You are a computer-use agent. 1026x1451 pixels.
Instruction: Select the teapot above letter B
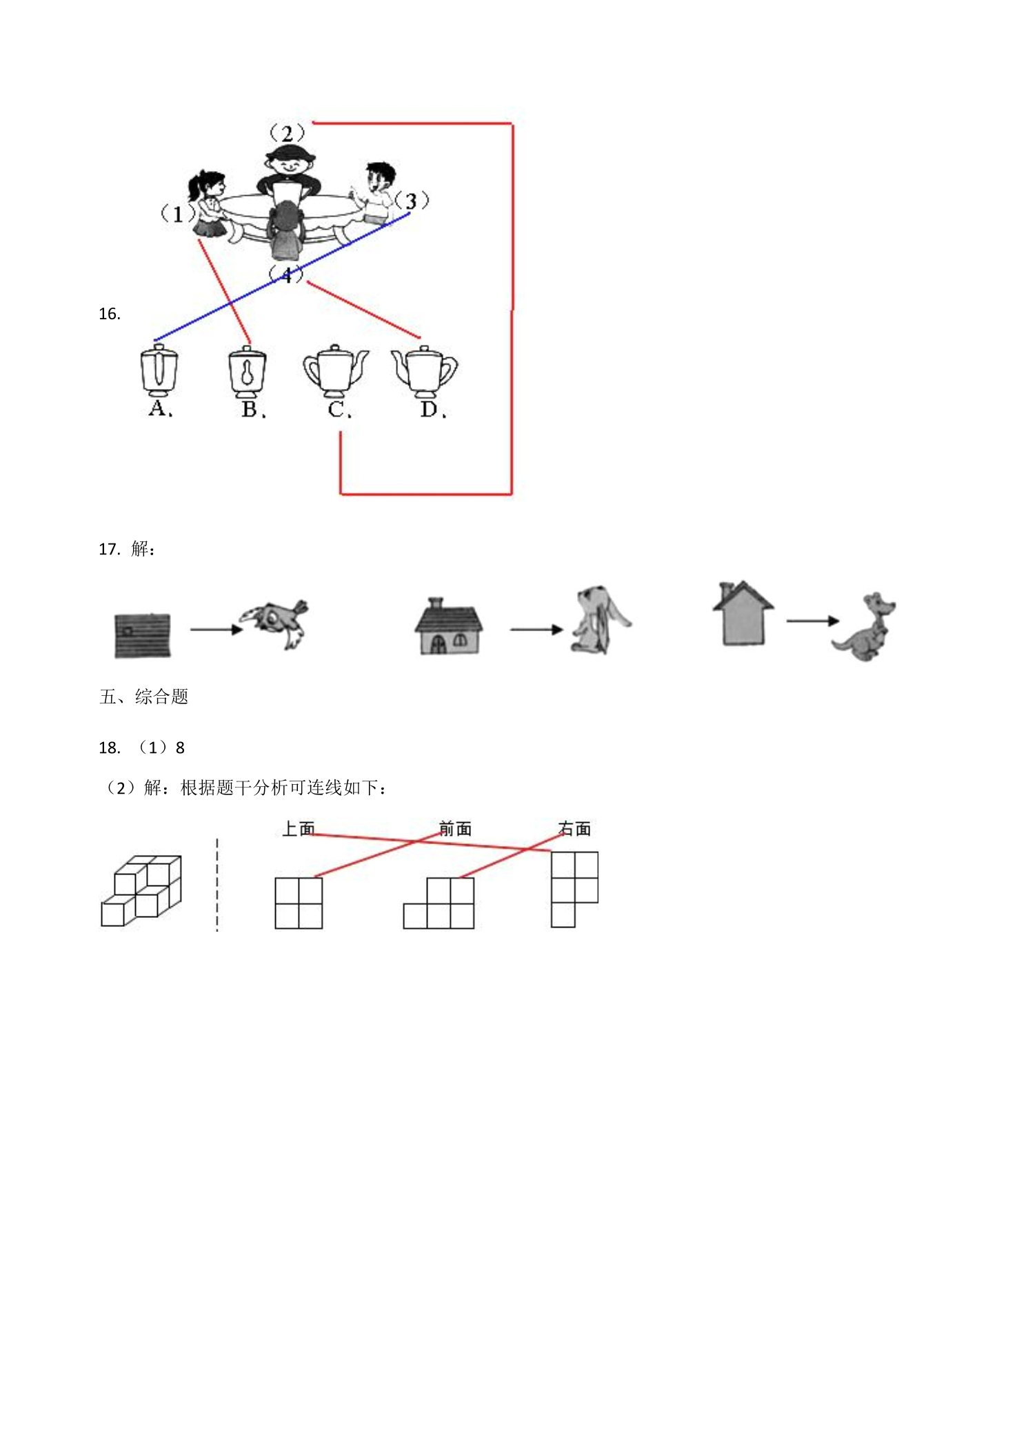click(x=248, y=372)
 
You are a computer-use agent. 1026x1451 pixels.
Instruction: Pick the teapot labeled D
click(x=424, y=372)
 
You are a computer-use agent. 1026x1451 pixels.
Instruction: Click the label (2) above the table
click(x=286, y=132)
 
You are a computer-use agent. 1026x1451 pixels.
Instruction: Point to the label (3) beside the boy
click(x=412, y=201)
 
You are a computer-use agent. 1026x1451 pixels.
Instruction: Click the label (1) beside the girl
click(x=177, y=214)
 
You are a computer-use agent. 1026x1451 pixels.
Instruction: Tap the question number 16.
click(x=110, y=314)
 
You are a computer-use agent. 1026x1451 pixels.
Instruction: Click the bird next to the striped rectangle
click(x=274, y=622)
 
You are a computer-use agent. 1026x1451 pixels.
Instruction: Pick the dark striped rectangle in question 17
click(x=143, y=634)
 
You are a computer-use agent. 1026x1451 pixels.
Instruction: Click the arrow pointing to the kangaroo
click(x=813, y=621)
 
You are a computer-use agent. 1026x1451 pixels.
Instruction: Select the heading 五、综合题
click(x=143, y=697)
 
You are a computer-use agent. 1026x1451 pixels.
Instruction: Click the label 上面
click(x=299, y=828)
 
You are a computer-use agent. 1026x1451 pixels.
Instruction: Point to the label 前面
click(x=455, y=828)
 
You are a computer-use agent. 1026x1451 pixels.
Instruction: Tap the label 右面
click(x=574, y=828)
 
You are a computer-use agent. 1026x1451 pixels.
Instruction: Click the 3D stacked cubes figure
click(x=141, y=890)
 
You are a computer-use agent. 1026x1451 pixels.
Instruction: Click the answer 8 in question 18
click(x=180, y=748)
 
